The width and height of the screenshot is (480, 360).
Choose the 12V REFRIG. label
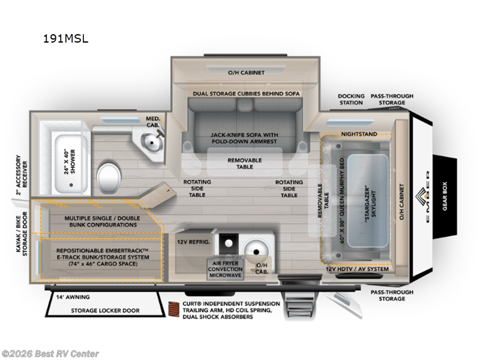coord(192,241)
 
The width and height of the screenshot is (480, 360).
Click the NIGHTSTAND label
coord(359,134)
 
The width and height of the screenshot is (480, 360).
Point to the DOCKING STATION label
coord(350,99)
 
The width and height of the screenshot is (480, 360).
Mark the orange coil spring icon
coord(175,309)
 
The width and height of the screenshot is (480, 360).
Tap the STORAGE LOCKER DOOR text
coord(106,310)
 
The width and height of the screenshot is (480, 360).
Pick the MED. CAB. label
coord(153,122)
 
